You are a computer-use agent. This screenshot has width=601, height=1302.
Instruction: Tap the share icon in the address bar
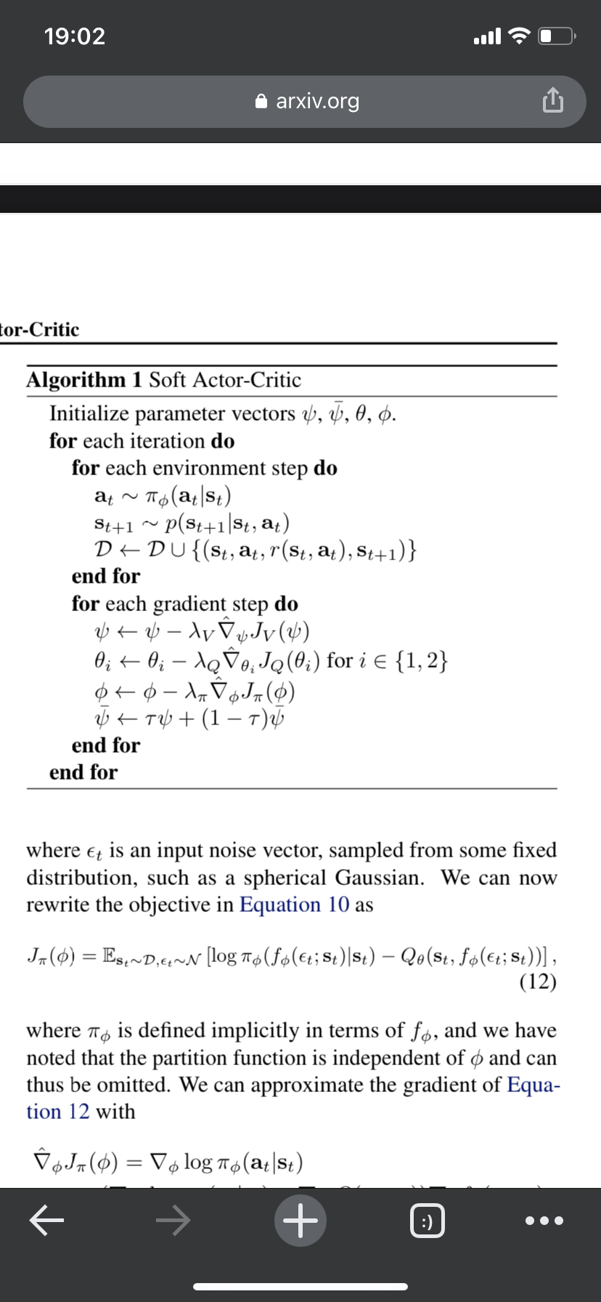pyautogui.click(x=552, y=100)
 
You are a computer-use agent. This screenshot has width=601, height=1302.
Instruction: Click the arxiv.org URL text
pyautogui.click(x=317, y=101)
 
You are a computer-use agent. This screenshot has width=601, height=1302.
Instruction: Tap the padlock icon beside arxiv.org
pyautogui.click(x=262, y=101)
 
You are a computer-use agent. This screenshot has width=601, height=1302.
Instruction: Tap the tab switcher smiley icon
pyautogui.click(x=428, y=1221)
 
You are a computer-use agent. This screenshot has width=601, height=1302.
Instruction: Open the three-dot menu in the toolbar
pyautogui.click(x=544, y=1221)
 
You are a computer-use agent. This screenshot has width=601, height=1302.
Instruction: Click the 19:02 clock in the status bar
pyautogui.click(x=75, y=36)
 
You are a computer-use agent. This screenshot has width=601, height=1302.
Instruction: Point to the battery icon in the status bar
pyautogui.click(x=557, y=36)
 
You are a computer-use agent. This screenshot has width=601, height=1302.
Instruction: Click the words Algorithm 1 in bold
pyautogui.click(x=85, y=380)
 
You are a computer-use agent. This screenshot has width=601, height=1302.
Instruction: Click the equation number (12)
pyautogui.click(x=538, y=982)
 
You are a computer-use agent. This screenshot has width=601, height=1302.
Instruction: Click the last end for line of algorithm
pyautogui.click(x=83, y=772)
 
